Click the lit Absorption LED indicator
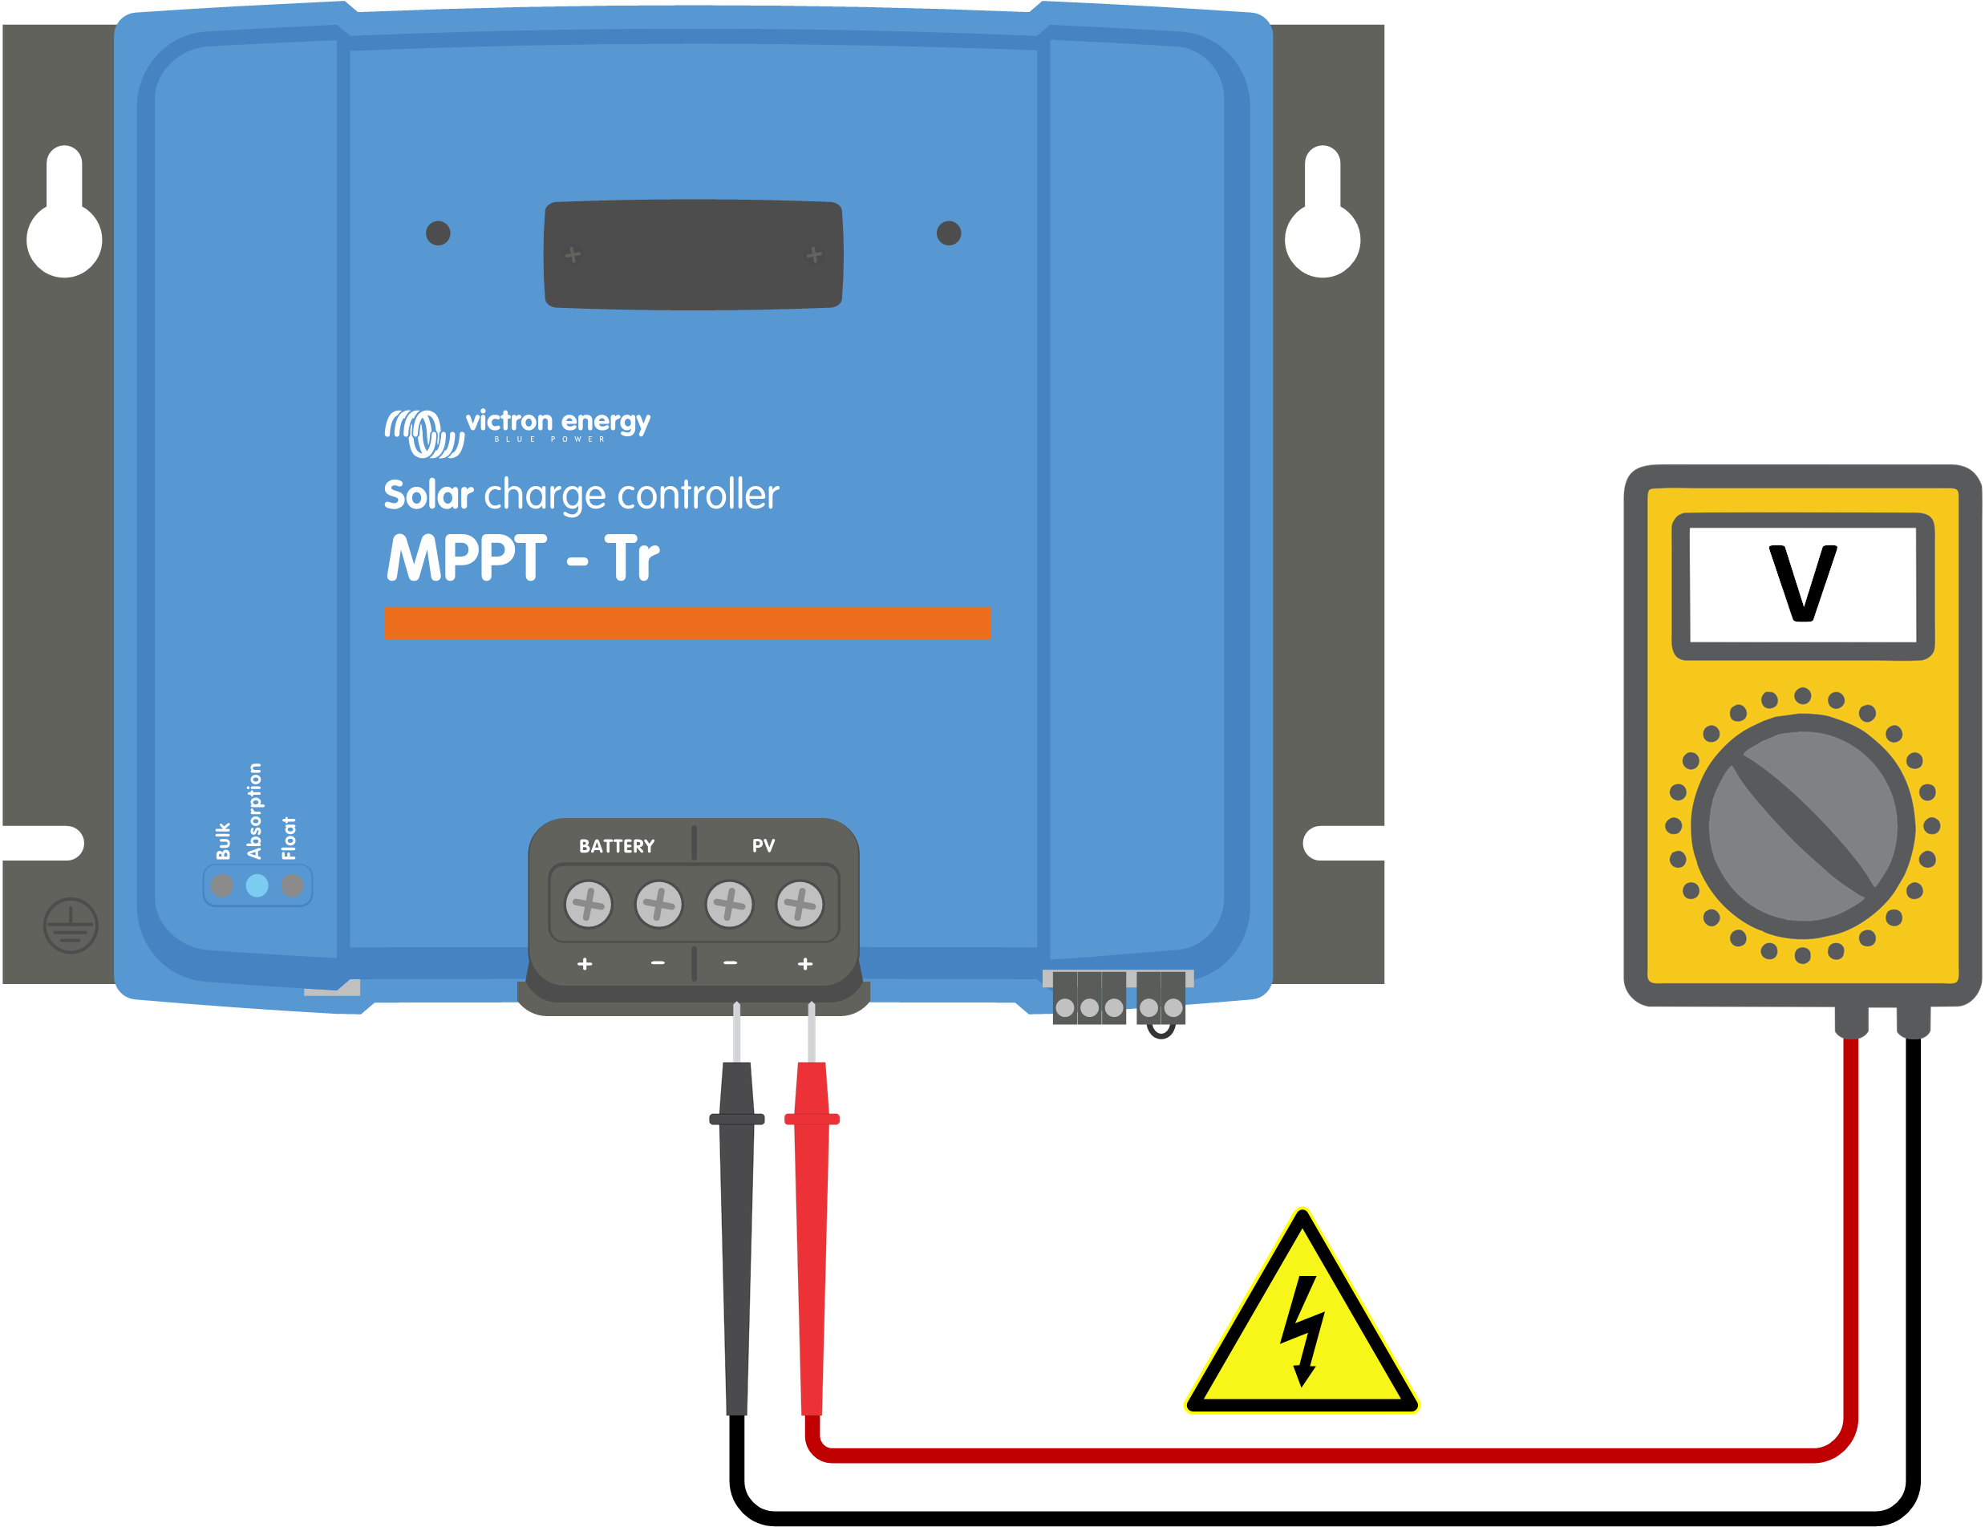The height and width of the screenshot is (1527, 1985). (257, 885)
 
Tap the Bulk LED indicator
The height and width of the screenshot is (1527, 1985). (222, 885)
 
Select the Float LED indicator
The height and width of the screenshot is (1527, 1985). (292, 885)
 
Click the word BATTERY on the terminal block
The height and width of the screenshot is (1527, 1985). (616, 846)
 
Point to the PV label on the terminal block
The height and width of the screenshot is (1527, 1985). (764, 846)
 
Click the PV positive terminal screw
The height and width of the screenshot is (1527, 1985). (800, 905)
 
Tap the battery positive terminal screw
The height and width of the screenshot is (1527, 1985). (588, 905)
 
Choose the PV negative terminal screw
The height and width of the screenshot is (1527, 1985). (730, 905)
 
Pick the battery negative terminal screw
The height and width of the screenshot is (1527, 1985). (659, 905)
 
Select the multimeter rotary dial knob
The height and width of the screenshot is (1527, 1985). (1803, 826)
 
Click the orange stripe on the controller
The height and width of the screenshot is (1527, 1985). (687, 622)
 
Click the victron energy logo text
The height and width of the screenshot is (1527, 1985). (558, 422)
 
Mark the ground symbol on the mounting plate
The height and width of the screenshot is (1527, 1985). (71, 926)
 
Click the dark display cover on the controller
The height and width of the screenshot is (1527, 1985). (694, 254)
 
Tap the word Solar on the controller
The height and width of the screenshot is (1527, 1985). (428, 496)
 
